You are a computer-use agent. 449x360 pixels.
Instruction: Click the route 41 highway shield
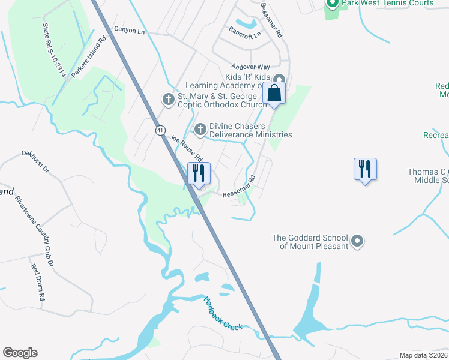click(160, 130)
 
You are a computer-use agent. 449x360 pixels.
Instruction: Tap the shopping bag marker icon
click(274, 94)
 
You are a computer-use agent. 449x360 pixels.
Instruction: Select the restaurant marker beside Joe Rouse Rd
click(199, 173)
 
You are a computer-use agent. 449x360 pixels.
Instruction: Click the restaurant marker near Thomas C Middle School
click(364, 169)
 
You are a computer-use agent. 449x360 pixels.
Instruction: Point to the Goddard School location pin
click(357, 241)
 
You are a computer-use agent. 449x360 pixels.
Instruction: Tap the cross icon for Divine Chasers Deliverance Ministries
click(200, 127)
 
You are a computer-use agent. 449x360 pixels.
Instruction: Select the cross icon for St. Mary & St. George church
click(169, 98)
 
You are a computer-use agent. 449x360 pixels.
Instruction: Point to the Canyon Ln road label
click(129, 29)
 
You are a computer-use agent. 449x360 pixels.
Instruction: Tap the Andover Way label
click(252, 67)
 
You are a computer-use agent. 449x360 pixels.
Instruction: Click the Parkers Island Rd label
click(88, 58)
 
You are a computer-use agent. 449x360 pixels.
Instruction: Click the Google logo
click(20, 353)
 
